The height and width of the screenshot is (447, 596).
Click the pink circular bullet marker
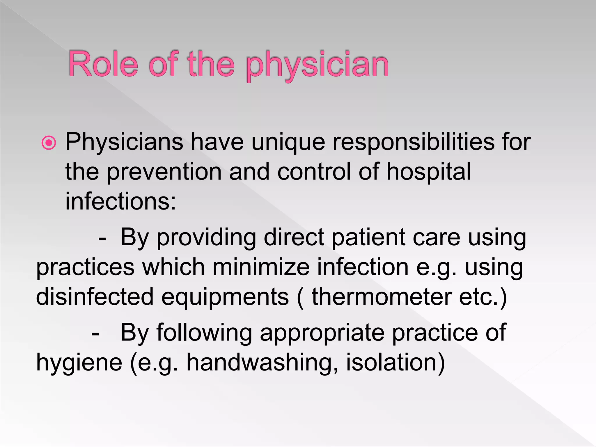tap(49, 143)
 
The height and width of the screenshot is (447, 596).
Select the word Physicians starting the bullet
tap(124, 142)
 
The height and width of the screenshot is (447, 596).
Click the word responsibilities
tap(413, 142)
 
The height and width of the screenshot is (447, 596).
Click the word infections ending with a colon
tap(120, 201)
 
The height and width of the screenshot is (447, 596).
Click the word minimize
tap(261, 267)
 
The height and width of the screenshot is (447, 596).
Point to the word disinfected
tap(95, 297)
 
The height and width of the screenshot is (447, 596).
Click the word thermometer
tap(382, 297)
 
